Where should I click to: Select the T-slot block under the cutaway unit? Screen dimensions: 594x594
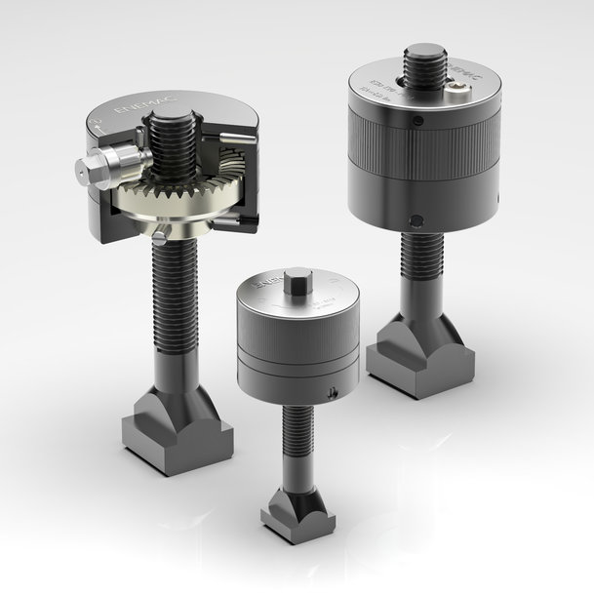pos(177,433)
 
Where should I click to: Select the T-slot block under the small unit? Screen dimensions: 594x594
pos(297,516)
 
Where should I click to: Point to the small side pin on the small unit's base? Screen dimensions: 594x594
pos(334,392)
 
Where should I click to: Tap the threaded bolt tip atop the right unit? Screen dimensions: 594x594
pos(423,59)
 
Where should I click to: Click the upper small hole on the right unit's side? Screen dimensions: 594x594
pos(416,122)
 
